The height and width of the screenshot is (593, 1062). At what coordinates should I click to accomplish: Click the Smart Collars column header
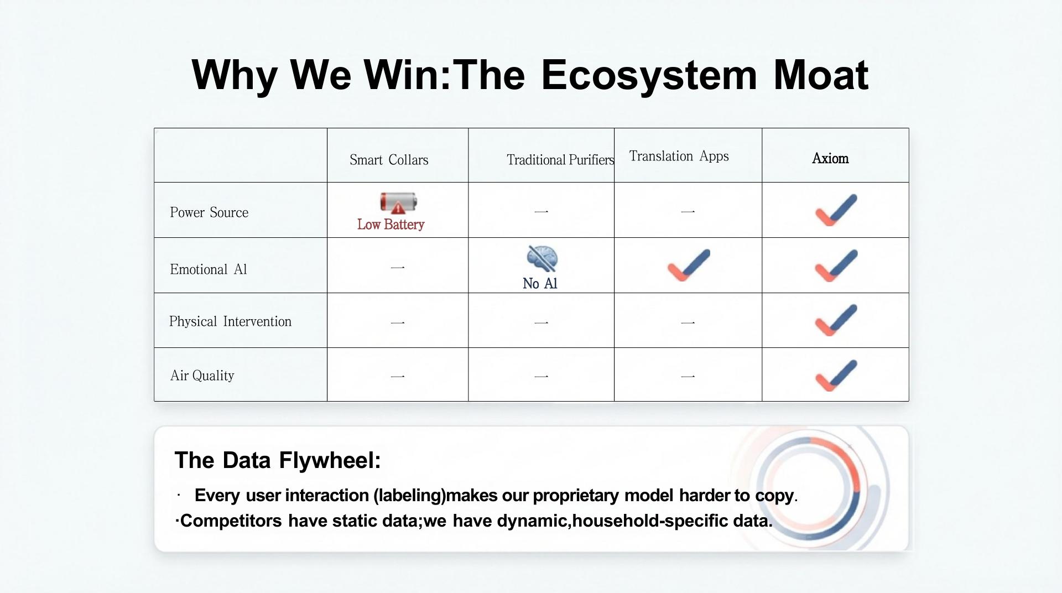[389, 160]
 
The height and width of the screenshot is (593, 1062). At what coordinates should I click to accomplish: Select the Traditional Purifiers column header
[560, 160]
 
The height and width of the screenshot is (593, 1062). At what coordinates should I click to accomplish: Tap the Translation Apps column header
[679, 157]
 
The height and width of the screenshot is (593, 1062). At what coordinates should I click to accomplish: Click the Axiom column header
[830, 158]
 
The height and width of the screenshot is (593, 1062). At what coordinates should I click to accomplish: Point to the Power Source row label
[209, 212]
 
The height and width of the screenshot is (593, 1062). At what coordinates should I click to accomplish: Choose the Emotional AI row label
[209, 269]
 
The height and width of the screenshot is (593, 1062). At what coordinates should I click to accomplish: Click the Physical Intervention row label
[230, 321]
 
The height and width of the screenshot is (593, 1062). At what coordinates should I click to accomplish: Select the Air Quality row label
[202, 376]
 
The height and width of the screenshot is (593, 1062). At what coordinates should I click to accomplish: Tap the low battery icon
[398, 203]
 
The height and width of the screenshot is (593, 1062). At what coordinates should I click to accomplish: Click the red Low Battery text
[391, 225]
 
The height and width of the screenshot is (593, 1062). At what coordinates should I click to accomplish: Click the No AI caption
[540, 284]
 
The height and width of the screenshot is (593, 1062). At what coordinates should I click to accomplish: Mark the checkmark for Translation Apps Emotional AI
[689, 265]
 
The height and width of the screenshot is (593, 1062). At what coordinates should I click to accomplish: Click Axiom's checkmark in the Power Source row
[836, 210]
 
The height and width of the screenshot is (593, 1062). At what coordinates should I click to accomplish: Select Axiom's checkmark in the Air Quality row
[836, 376]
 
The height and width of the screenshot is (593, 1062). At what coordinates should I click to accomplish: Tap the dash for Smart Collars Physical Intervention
[398, 322]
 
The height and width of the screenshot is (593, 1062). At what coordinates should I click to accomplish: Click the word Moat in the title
[821, 75]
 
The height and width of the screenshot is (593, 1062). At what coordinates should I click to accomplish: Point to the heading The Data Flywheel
[278, 460]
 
